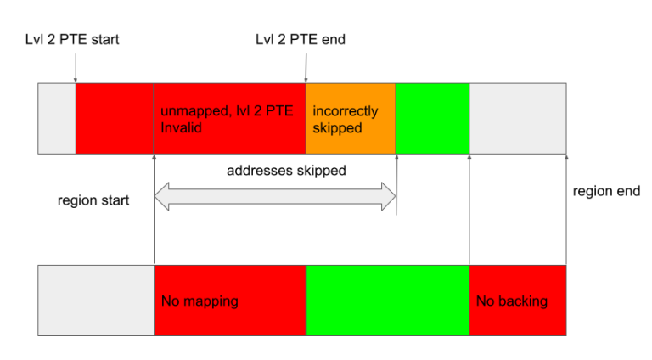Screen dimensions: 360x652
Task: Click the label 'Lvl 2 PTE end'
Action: [300, 39]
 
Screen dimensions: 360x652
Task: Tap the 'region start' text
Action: [93, 201]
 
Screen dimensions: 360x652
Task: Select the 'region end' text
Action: [606, 192]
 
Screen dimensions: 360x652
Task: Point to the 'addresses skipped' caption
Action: [286, 171]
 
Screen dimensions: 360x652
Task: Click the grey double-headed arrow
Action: [274, 197]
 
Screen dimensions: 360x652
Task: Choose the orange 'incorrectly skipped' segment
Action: [350, 118]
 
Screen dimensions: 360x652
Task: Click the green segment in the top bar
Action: [432, 118]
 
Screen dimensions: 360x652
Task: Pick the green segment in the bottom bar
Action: [386, 300]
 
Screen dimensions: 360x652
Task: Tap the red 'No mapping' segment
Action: [228, 300]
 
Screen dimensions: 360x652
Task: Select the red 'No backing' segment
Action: [517, 300]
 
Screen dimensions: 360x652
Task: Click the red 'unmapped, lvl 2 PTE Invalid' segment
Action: [228, 118]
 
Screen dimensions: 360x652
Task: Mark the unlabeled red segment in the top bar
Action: [115, 118]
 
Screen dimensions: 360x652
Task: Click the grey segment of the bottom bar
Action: [96, 300]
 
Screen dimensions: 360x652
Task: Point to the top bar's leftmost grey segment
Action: [57, 118]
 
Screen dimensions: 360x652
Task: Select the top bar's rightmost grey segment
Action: [517, 118]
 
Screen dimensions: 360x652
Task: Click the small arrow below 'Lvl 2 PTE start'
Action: [76, 66]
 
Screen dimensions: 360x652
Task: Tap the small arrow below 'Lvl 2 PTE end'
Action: [305, 66]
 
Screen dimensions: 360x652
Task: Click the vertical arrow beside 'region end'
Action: [565, 208]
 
